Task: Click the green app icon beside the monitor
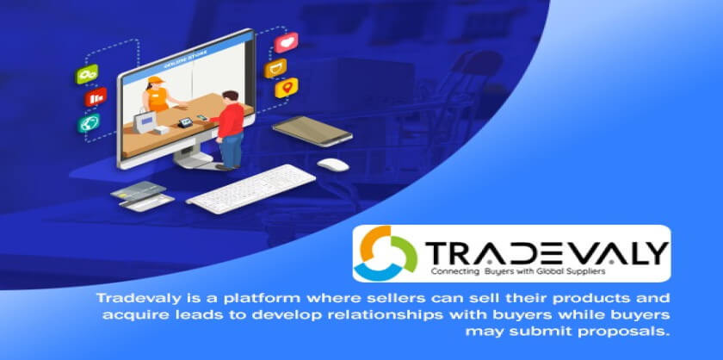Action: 87,74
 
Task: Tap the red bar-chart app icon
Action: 96,97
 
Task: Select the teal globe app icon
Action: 89,123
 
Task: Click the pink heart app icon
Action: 286,42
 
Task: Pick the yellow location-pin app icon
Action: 287,88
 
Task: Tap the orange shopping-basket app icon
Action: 275,68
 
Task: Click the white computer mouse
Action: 333,164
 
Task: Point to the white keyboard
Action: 251,189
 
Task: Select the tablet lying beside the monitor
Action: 312,131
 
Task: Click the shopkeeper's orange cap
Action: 156,80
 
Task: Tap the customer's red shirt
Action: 228,119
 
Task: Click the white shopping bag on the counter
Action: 145,121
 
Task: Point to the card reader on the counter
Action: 185,122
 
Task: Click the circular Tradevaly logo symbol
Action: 388,253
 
